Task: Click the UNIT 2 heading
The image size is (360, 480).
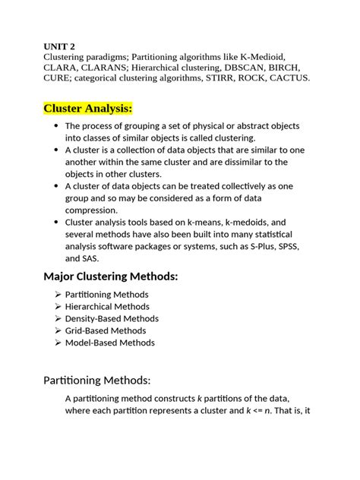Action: tap(59, 46)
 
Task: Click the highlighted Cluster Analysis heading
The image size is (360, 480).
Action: tap(88, 108)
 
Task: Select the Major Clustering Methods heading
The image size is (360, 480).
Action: tap(111, 276)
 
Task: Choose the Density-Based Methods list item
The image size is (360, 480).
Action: tap(112, 318)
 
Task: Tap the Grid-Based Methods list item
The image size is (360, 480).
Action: tap(106, 330)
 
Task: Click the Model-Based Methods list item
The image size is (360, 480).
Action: tap(109, 343)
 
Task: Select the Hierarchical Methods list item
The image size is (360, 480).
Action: tap(107, 306)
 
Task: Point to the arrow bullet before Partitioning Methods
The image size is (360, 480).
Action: tap(58, 294)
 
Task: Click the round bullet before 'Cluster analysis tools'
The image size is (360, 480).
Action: tap(56, 222)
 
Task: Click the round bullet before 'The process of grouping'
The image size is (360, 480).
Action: tap(56, 125)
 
